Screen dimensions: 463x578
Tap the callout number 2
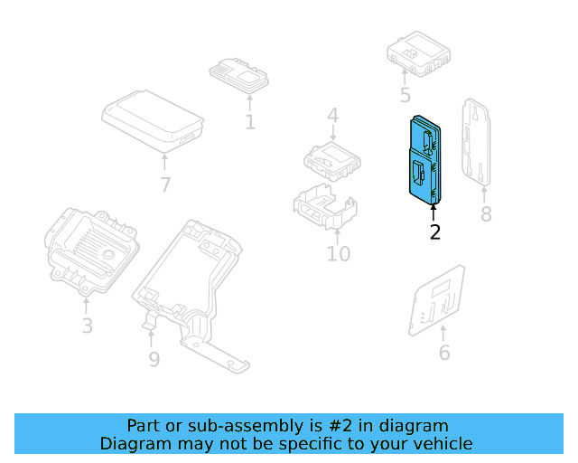click(x=434, y=232)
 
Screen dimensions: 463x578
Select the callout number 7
click(x=164, y=185)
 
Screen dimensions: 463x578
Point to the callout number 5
click(x=405, y=96)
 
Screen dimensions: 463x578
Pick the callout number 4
click(x=332, y=116)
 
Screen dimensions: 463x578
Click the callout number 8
click(x=486, y=214)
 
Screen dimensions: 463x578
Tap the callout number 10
click(x=338, y=253)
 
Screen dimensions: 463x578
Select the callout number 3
click(x=87, y=325)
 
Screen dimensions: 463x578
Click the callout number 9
click(x=154, y=359)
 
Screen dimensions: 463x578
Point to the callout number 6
click(x=443, y=353)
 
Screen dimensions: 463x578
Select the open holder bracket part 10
click(x=322, y=211)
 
